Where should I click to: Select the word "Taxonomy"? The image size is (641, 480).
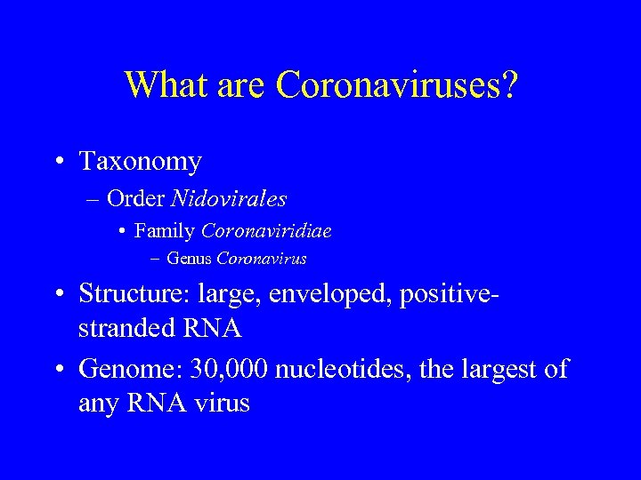click(140, 162)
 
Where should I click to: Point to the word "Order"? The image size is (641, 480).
click(141, 197)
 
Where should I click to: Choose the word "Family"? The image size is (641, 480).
click(165, 231)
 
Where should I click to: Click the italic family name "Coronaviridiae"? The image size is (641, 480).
click(266, 231)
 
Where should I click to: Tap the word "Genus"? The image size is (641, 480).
click(189, 260)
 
